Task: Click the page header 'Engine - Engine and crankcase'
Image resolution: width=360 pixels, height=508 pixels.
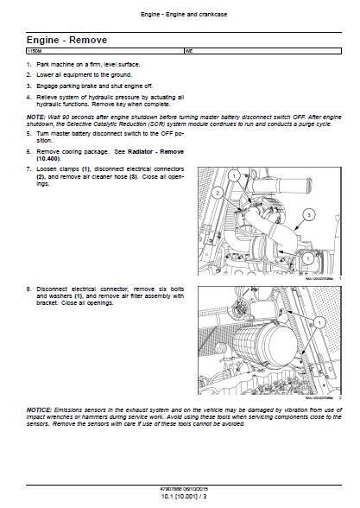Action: click(179, 15)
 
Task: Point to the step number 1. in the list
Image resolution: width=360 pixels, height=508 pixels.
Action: click(28, 65)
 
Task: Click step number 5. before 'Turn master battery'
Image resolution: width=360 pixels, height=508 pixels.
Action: click(28, 135)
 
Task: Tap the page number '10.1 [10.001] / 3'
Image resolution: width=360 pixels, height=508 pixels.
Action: click(179, 500)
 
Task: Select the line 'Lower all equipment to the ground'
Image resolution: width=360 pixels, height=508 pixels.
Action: click(83, 75)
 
